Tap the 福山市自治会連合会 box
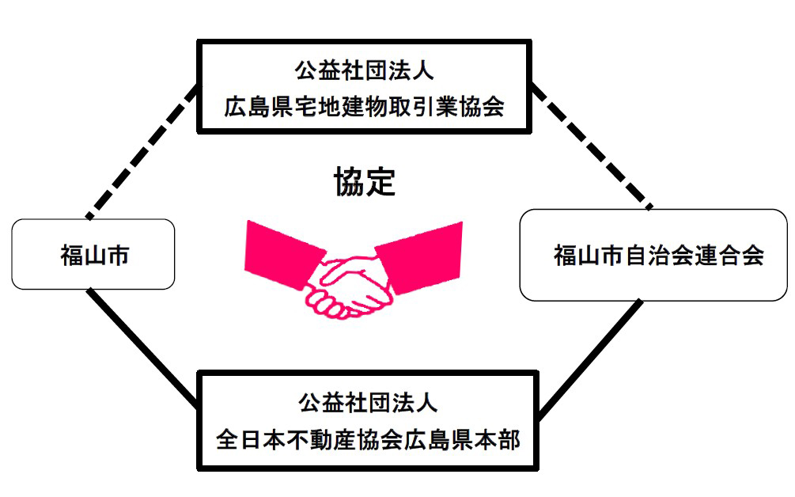(653, 255)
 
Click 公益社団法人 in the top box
(364, 71)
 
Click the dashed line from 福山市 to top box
(142, 150)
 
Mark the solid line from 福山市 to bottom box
(142, 348)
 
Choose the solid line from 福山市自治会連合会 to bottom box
(589, 356)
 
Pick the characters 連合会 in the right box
(733, 256)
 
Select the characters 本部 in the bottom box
(499, 441)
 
